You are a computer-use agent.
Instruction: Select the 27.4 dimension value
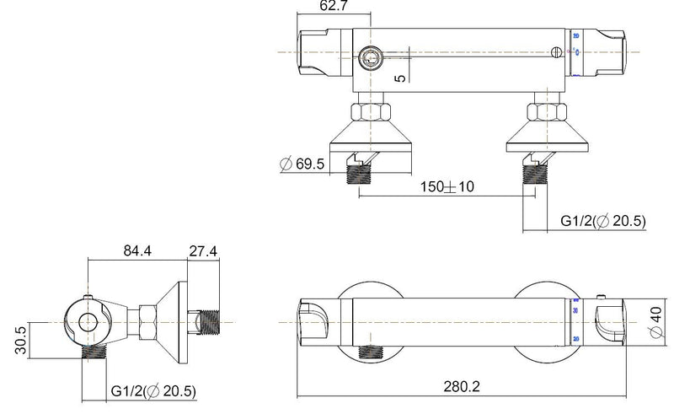click(x=203, y=250)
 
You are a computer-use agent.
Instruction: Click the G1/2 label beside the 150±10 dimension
click(x=602, y=221)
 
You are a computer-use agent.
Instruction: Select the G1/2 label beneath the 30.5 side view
click(x=153, y=390)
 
